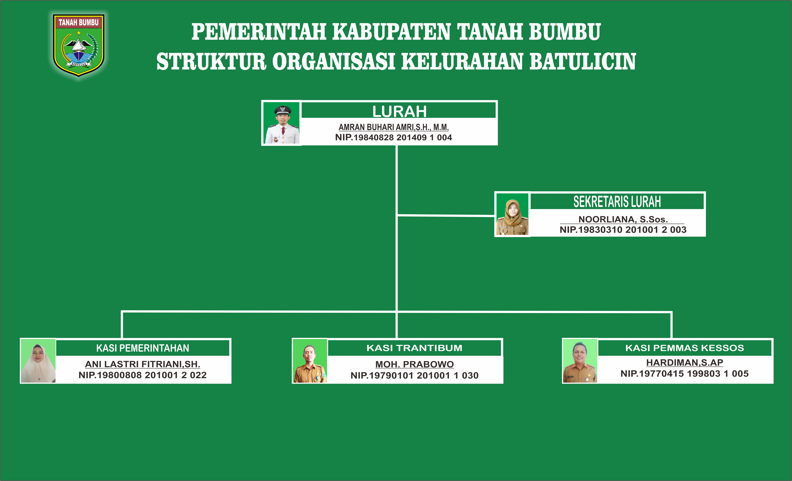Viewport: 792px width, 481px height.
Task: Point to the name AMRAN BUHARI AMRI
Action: tap(377, 127)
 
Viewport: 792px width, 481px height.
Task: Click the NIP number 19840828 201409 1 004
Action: tap(393, 137)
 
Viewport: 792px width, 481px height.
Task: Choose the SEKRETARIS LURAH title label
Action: tap(617, 202)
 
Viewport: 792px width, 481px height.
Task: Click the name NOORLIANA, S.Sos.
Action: tap(623, 219)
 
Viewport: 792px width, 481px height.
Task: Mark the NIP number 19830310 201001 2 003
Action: tap(623, 230)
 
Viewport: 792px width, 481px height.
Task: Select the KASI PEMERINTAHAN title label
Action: tap(143, 348)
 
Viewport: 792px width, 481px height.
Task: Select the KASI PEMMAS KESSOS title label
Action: tap(685, 348)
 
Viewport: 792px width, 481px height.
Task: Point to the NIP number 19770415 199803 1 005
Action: tap(685, 374)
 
